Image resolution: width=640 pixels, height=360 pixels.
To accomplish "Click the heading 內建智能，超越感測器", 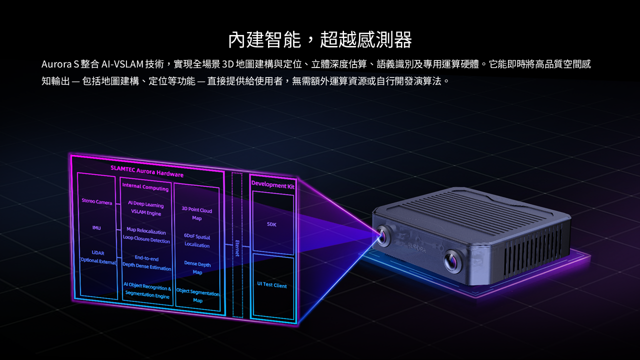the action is point(319,39).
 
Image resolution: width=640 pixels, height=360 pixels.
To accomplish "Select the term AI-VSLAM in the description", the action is point(122,64).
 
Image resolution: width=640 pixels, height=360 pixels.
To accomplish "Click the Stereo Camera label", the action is point(97,201).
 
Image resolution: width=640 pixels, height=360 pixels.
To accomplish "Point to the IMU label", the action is point(96,228).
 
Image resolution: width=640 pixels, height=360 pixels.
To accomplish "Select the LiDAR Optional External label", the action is point(98,257).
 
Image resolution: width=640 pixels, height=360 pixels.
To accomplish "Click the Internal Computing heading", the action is point(145,187).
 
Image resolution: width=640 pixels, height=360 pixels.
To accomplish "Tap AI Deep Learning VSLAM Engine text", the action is point(146,208).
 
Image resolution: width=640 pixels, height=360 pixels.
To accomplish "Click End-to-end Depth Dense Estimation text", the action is point(146,263).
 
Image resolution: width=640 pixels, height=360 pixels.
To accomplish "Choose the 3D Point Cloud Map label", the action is point(196,214).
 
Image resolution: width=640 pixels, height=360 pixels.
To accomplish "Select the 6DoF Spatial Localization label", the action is point(197,241).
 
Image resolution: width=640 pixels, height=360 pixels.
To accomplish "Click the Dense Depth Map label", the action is point(197,267).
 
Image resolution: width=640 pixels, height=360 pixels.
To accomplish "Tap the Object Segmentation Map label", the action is point(198,296).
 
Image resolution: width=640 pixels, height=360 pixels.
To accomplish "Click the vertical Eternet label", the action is point(237,247).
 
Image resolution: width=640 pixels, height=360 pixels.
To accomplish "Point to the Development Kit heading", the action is point(272,184).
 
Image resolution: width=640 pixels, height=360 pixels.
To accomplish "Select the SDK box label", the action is point(271,224).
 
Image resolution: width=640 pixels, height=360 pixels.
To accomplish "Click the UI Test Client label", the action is point(272,285).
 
